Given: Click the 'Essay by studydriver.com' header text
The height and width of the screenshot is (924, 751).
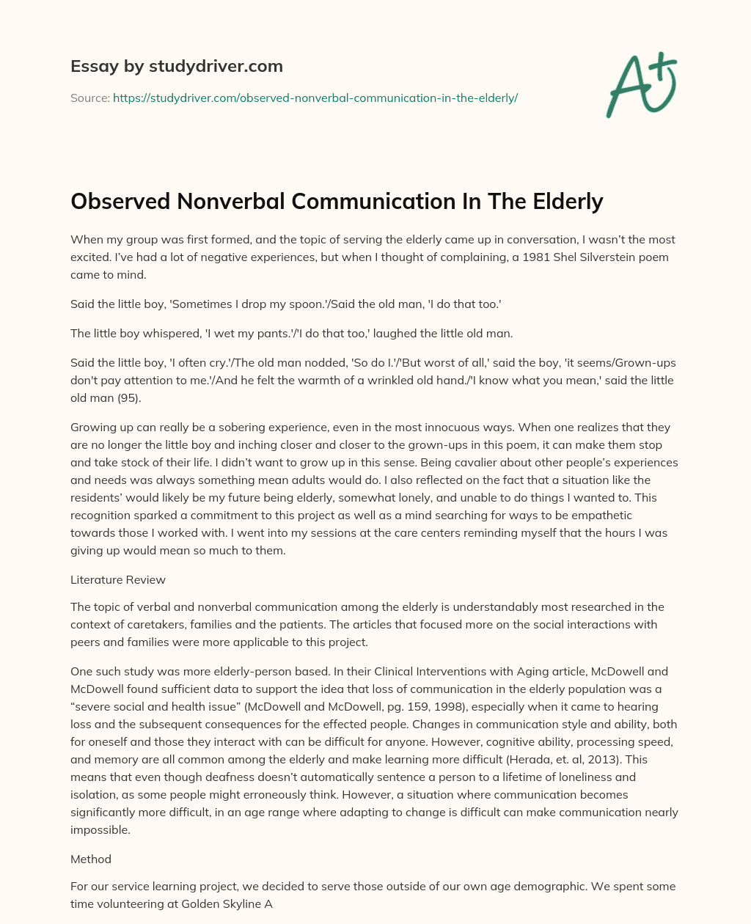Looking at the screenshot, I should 176,66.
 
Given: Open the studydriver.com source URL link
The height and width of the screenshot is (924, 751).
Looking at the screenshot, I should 315,98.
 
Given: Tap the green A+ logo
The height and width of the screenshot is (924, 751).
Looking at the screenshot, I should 640,84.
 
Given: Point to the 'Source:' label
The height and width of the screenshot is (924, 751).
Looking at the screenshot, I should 89,98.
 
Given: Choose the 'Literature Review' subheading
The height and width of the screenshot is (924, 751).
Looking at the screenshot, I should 118,579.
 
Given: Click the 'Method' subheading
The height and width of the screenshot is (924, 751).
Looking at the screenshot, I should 91,858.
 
